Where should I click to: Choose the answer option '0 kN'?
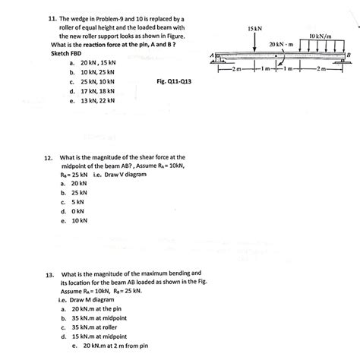point(78,211)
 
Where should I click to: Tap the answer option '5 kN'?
point(78,202)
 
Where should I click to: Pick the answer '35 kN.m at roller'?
point(99,327)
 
